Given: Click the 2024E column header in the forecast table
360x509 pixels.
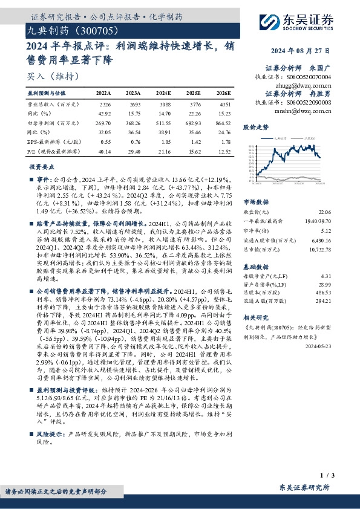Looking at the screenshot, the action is click(x=164, y=94).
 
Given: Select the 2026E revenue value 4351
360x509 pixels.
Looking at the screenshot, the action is click(x=224, y=105).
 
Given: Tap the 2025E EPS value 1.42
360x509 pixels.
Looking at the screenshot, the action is click(x=195, y=140).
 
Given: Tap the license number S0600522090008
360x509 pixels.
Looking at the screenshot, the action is click(x=327, y=103).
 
